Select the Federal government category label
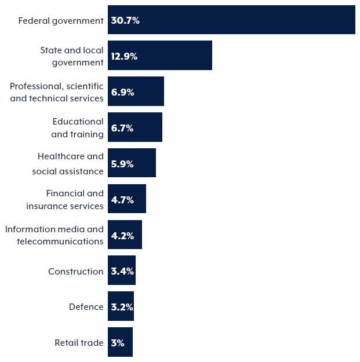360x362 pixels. [x=61, y=20]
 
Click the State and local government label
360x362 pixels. [x=71, y=56]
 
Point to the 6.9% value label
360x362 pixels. [x=122, y=92]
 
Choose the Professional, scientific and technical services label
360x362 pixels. [x=57, y=92]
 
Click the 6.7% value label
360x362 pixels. [x=122, y=128]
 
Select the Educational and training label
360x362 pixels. [x=78, y=128]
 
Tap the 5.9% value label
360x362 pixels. [x=122, y=164]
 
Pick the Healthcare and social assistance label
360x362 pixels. [x=68, y=164]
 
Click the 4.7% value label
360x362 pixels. [x=122, y=200]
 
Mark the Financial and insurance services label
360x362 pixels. [x=65, y=200]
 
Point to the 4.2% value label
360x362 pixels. [x=122, y=236]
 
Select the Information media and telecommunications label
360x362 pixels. [x=54, y=236]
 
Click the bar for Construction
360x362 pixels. [x=122, y=271]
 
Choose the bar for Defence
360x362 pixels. [x=121, y=307]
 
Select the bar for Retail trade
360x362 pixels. [x=120, y=343]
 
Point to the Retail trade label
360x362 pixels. [x=79, y=343]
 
